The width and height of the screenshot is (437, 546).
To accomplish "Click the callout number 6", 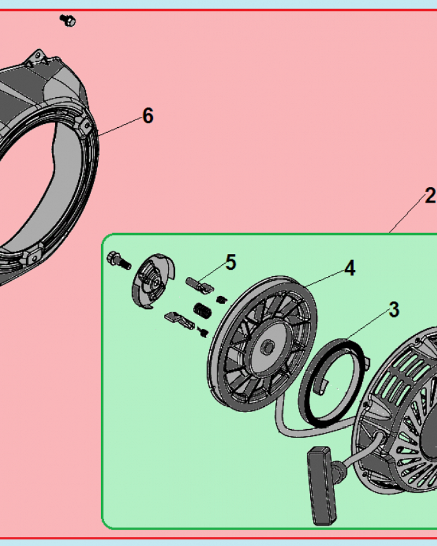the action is [147, 116].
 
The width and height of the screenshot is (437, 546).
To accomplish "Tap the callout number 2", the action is [430, 195].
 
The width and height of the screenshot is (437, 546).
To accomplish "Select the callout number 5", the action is [231, 262].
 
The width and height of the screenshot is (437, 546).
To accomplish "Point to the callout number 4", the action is [350, 268].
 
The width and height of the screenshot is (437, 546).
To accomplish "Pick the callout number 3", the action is [394, 310].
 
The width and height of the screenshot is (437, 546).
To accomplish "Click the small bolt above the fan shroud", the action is [68, 20].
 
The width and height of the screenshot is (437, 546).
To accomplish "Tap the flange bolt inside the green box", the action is [119, 260].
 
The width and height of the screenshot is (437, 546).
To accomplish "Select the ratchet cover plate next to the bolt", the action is [152, 281].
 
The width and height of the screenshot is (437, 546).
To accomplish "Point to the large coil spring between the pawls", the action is [202, 310].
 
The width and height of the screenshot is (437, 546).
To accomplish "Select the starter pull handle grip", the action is [322, 486].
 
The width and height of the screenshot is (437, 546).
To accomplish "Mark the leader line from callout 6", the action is [120, 126].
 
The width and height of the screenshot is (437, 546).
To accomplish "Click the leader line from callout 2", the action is [407, 214].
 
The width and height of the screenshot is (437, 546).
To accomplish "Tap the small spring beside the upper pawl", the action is [221, 299].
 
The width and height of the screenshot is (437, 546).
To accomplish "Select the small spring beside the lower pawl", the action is [203, 332].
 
